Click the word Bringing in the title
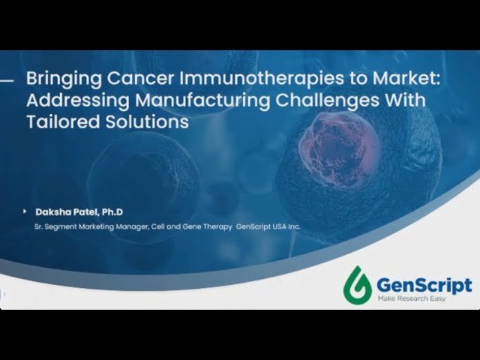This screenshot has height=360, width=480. (55, 77)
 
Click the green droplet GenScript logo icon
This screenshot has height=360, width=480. (358, 284)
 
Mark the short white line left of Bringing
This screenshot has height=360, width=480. (10, 78)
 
